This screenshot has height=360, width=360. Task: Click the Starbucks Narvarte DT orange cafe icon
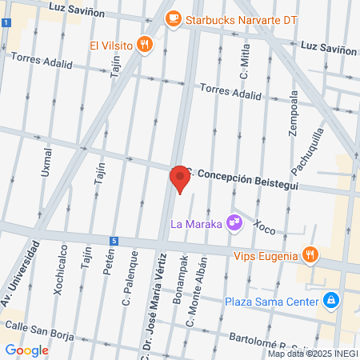pyautogui.click(x=174, y=18)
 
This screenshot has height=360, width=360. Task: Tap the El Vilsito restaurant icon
pyautogui.click(x=144, y=45)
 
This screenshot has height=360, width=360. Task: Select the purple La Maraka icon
pyautogui.click(x=234, y=222)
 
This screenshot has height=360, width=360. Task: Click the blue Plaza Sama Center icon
pyautogui.click(x=330, y=302)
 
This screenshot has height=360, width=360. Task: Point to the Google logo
pyautogui.click(x=26, y=350)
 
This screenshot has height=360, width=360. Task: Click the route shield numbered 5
pyautogui.click(x=115, y=241)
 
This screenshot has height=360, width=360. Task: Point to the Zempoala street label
pyautogui.click(x=294, y=110)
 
